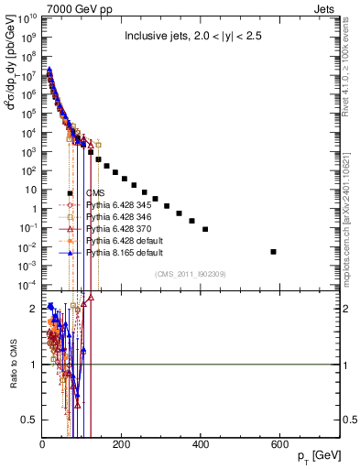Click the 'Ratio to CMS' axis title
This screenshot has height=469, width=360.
[12, 365]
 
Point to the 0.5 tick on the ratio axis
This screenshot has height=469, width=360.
[30, 420]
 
